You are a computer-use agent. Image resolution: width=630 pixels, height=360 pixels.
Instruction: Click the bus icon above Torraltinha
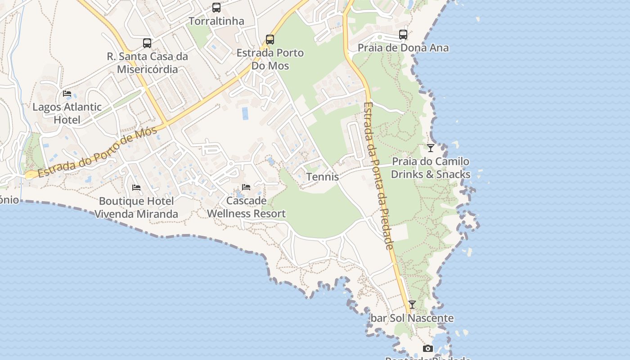pos(216,8)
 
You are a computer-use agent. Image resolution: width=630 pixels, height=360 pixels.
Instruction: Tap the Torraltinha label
pos(216,21)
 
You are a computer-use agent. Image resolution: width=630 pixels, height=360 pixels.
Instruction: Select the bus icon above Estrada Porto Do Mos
pos(270,40)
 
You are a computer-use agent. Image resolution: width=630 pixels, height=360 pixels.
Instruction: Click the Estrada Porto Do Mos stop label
pos(270,59)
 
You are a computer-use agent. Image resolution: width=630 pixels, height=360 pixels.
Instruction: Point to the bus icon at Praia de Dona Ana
pos(403,35)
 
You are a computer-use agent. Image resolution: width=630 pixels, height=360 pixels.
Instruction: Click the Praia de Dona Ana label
pos(403,48)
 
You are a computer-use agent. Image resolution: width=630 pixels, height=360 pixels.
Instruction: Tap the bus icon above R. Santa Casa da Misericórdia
pos(147,43)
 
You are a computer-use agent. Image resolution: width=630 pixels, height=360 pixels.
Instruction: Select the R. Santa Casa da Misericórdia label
pos(148,63)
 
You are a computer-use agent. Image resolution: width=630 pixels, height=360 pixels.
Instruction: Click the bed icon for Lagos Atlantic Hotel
pos(67,94)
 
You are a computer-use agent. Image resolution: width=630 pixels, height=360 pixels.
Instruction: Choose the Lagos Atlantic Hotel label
pos(67,113)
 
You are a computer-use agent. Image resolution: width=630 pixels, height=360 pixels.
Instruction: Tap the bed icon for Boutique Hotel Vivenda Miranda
pos(136,187)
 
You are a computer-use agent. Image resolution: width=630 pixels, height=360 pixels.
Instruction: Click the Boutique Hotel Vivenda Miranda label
pos(136,207)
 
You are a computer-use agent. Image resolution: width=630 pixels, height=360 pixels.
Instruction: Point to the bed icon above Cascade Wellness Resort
pos(246,187)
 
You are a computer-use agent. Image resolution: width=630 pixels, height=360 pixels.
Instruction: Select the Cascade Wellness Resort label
pos(246,207)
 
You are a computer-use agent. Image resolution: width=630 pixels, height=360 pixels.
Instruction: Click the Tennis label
pos(323,177)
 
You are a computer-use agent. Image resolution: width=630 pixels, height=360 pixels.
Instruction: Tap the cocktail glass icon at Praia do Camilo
pos(431,148)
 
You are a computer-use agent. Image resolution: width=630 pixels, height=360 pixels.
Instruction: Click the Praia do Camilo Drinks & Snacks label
pos(431,168)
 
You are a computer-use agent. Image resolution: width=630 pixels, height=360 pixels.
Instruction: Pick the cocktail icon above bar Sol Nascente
pos(412,305)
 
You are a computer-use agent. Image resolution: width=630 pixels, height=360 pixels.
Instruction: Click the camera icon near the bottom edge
pos(428,348)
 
